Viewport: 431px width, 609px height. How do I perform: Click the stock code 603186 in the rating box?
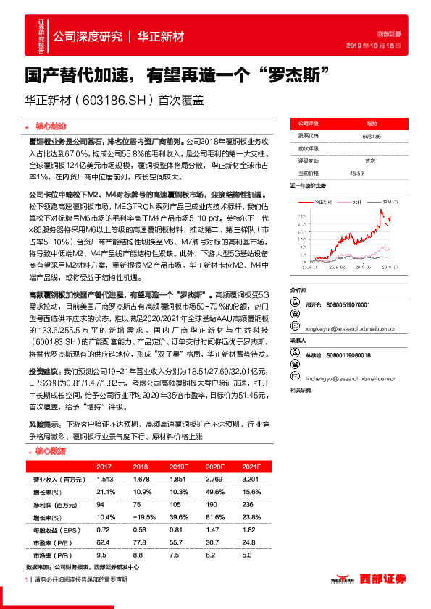372,135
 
